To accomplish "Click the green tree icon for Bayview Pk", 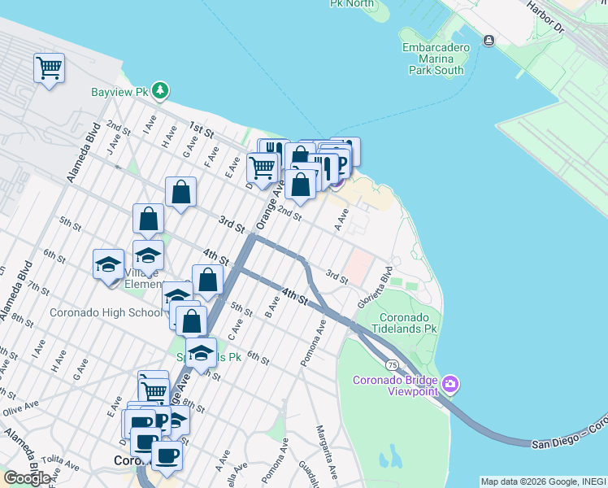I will pyautogui.click(x=162, y=89).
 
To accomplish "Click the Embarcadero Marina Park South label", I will pyautogui.click(x=436, y=59).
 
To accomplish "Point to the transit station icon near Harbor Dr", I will pyautogui.click(x=489, y=41).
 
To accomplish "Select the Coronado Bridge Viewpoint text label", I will pyautogui.click(x=394, y=386).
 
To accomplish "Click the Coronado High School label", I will pyautogui.click(x=106, y=312).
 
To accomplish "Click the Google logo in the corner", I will pyautogui.click(x=28, y=478).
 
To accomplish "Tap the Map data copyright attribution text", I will pyautogui.click(x=542, y=481).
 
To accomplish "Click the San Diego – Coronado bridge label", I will pyautogui.click(x=569, y=435).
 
